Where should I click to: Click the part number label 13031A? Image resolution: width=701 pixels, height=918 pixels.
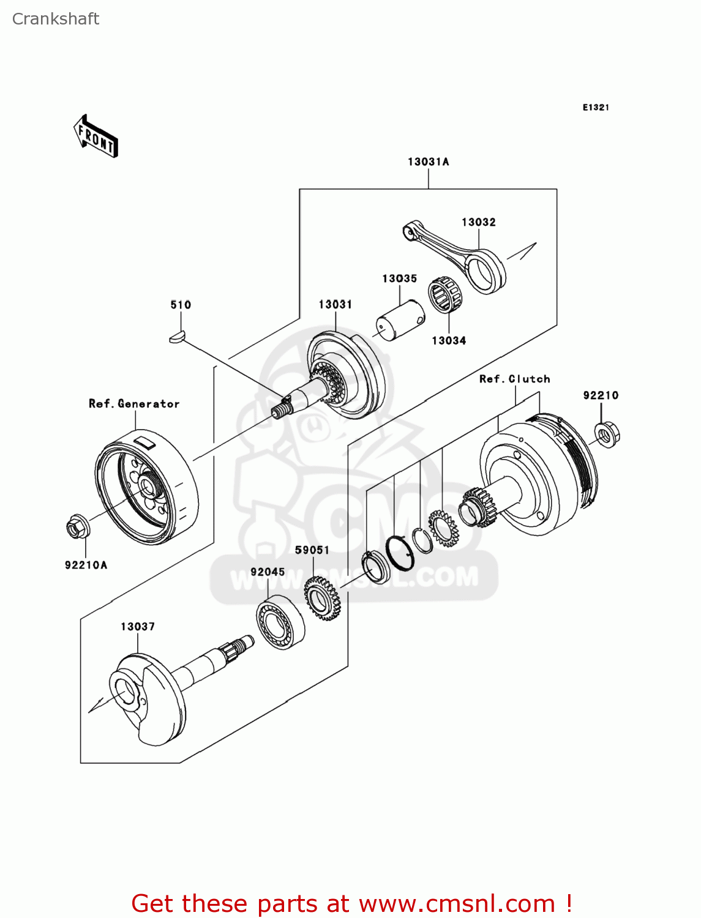(428, 162)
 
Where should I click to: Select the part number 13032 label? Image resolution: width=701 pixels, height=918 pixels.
(478, 222)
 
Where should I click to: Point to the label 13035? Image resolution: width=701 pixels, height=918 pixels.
(399, 278)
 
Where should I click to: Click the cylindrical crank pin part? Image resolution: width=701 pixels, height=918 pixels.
(399, 320)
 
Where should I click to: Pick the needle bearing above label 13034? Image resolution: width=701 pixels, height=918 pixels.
(445, 295)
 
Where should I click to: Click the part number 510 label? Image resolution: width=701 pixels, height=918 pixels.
(181, 305)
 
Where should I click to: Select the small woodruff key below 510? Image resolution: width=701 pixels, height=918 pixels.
(176, 336)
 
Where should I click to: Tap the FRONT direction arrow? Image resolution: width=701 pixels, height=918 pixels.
(96, 136)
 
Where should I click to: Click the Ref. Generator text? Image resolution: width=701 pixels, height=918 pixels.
(134, 404)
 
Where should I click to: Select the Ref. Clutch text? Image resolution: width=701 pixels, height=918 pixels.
(514, 379)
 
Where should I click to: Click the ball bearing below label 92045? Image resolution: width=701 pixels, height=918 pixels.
(280, 622)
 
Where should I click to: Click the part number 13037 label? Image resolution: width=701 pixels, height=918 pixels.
(138, 627)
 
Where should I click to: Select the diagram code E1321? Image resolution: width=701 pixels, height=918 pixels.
(595, 108)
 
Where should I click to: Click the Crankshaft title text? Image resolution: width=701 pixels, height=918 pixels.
(56, 19)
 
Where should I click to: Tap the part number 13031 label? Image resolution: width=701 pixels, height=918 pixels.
(335, 305)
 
